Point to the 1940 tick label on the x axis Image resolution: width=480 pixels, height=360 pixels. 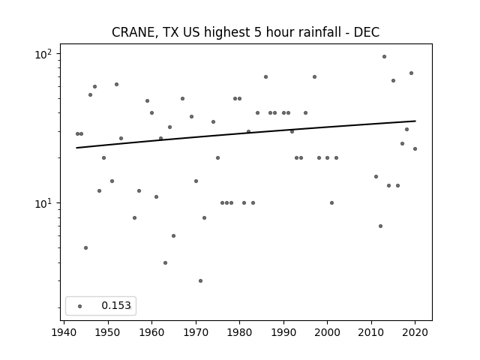pyautogui.click(x=64, y=332)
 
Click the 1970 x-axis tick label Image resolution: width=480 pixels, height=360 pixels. pyautogui.click(x=196, y=332)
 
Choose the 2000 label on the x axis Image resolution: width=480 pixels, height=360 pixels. pyautogui.click(x=327, y=332)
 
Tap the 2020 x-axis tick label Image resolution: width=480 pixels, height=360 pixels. pyautogui.click(x=415, y=332)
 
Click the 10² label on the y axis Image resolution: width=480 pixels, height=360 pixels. pyautogui.click(x=43, y=54)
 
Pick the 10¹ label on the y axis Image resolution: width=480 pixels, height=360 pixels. pyautogui.click(x=43, y=203)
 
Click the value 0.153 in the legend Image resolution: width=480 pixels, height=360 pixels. pyautogui.click(x=116, y=305)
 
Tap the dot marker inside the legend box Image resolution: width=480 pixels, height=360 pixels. pyautogui.click(x=80, y=306)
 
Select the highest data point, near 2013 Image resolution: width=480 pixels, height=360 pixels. pyautogui.click(x=384, y=57)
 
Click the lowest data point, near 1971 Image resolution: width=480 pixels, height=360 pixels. pyautogui.click(x=200, y=280)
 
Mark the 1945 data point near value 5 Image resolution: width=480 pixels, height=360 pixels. pyautogui.click(x=85, y=247)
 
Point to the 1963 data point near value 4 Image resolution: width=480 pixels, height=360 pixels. pyautogui.click(x=165, y=262)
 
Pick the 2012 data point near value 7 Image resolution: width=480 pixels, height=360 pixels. pyautogui.click(x=380, y=226)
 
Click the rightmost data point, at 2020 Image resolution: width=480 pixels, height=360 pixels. pyautogui.click(x=415, y=148)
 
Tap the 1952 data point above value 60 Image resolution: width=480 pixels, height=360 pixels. pyautogui.click(x=117, y=84)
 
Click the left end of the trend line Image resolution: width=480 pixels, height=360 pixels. pyautogui.click(x=76, y=148)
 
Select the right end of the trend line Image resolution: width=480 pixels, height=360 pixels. pyautogui.click(x=415, y=121)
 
